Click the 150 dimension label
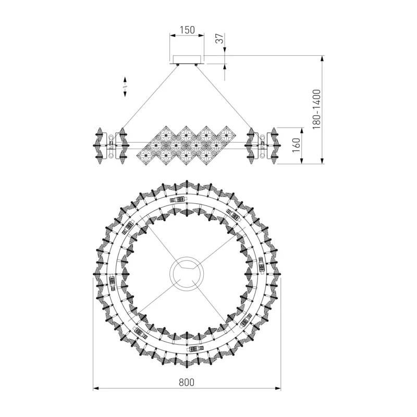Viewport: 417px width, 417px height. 187,30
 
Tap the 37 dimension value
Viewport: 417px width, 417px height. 219,39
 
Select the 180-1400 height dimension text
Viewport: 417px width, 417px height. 316,109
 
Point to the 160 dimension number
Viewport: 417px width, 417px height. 296,145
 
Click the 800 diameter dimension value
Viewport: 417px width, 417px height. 187,382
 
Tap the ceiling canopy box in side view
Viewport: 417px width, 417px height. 187,59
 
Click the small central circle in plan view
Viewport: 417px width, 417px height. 187,274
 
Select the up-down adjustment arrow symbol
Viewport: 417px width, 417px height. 125,87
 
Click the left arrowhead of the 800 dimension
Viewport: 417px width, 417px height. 96,388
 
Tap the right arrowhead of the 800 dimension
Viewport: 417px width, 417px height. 278,388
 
